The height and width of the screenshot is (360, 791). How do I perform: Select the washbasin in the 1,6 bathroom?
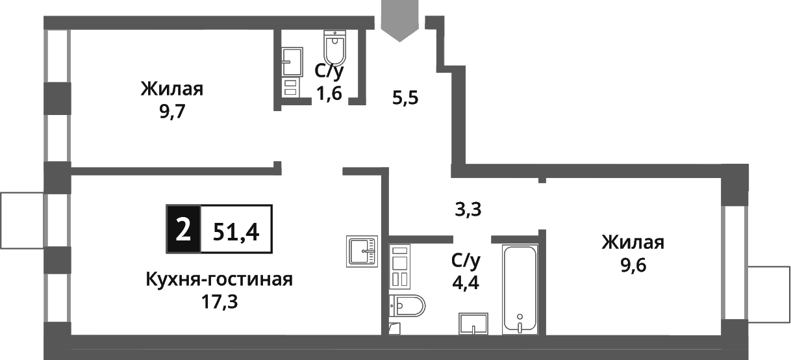292,61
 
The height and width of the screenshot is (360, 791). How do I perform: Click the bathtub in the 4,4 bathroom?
520,289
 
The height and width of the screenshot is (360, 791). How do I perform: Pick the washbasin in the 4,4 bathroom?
472,323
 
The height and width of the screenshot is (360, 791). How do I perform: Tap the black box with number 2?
184,229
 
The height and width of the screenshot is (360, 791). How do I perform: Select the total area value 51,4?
236,230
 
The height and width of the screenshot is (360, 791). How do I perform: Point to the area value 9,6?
633,264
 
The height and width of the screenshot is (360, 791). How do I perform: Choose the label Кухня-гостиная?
220,280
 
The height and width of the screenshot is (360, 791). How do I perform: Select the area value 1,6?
329,93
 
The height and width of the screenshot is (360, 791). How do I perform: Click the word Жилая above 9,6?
633,243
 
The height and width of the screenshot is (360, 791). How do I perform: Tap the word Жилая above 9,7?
172,89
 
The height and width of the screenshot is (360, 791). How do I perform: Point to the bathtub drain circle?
520,318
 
